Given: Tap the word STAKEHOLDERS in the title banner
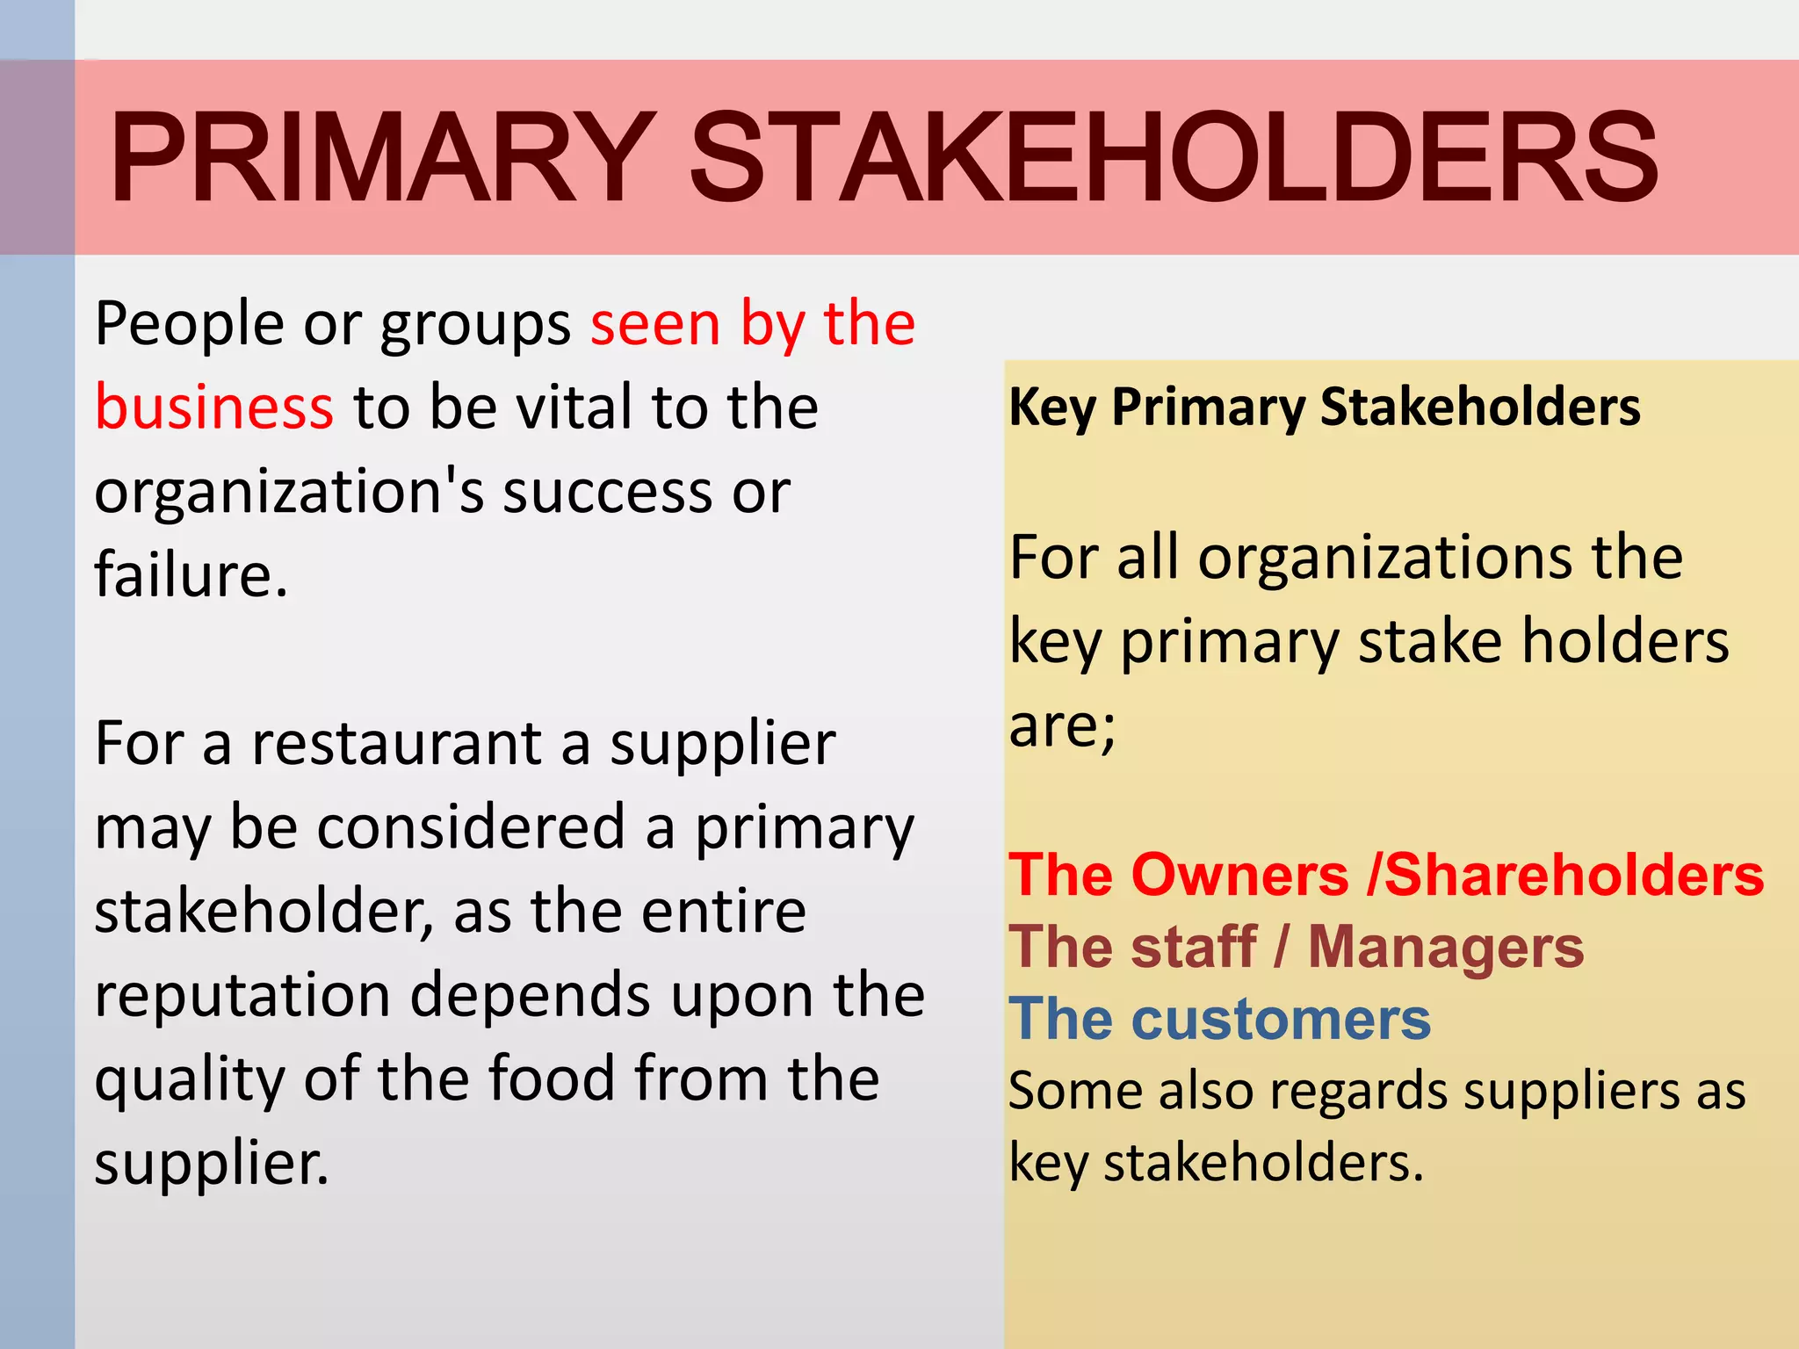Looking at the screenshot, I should (1174, 158).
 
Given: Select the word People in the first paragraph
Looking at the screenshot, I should (189, 324).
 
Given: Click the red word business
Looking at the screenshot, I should (214, 408).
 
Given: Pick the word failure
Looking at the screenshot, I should (191, 575).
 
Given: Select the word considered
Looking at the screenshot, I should (470, 827).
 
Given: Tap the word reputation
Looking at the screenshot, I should (242, 996).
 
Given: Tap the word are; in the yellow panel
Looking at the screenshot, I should (1062, 727).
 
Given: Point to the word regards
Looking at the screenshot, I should (1347, 1092).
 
